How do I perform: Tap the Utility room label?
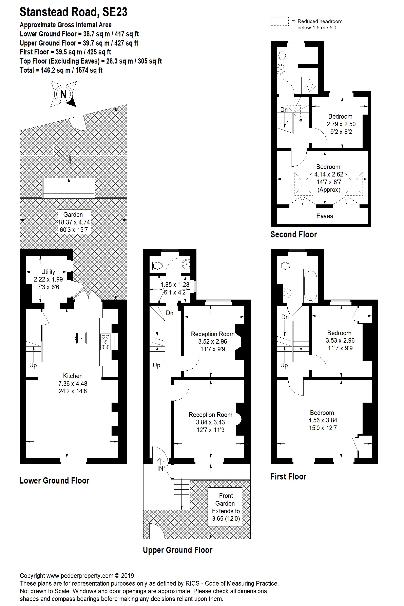pos(48,279)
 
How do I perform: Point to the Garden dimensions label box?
pos(74,222)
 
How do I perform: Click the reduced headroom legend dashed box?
pos(280,21)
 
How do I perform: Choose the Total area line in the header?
pos(61,70)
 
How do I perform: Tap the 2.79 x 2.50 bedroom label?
pos(341,124)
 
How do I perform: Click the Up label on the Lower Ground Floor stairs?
pos(33,365)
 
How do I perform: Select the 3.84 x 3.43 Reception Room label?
pos(211,422)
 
